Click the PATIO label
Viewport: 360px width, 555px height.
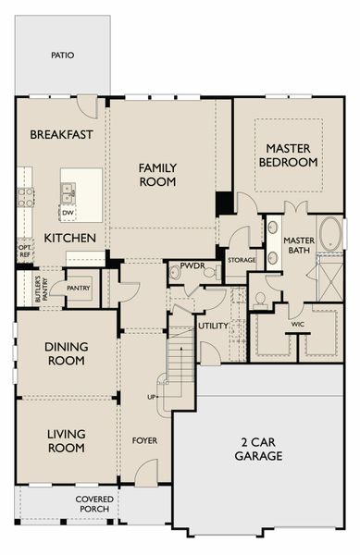[x=63, y=55]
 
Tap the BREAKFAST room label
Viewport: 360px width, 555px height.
[x=61, y=134]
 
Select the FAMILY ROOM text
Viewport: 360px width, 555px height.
[x=157, y=175]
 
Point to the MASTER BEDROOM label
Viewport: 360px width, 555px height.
[x=288, y=155]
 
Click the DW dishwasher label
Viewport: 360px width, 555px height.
[x=68, y=213]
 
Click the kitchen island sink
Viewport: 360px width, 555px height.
[x=68, y=193]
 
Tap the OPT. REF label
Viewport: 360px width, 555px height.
[x=24, y=251]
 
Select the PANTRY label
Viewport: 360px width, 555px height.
[x=79, y=288]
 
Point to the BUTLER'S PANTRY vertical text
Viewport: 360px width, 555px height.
[x=41, y=289]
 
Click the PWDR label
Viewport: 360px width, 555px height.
[x=192, y=265]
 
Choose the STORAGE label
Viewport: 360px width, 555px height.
[x=242, y=260]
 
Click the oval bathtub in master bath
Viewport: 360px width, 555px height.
[x=330, y=234]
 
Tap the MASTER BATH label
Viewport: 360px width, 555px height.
[x=299, y=245]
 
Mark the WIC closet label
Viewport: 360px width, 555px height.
[x=298, y=325]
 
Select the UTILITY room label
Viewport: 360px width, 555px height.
[x=213, y=326]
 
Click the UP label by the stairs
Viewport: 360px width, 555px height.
[x=151, y=397]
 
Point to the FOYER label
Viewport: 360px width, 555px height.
[x=144, y=440]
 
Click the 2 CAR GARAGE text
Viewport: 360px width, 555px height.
[x=258, y=449]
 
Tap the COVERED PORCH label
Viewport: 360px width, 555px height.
[x=94, y=504]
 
